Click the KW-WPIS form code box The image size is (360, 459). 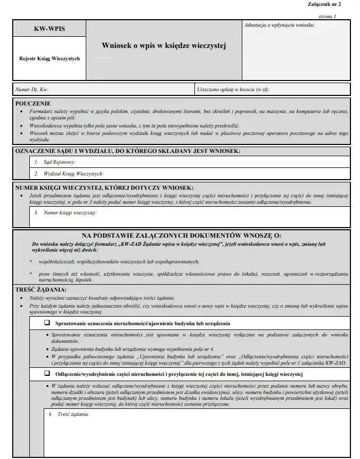point(49,29)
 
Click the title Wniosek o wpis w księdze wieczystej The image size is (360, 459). point(164,46)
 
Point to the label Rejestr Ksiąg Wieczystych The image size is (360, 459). point(49,59)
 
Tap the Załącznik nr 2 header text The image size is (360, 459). point(325,4)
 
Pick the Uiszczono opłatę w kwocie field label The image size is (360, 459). point(233,89)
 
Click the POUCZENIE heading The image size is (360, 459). point(33,103)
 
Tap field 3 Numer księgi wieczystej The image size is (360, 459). point(64,213)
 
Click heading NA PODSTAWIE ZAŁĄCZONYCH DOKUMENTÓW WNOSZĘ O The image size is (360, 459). point(181,235)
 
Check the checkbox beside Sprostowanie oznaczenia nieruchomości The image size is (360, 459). point(47,323)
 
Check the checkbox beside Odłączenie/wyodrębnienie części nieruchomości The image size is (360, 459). point(47,374)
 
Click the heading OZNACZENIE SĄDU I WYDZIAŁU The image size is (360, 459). point(128,151)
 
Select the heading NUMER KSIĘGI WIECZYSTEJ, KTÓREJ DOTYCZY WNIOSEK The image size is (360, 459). point(104,188)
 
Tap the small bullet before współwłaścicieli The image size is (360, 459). point(30,261)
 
